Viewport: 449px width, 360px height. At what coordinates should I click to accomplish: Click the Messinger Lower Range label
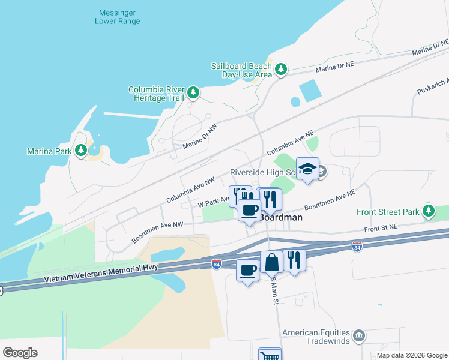click(118, 17)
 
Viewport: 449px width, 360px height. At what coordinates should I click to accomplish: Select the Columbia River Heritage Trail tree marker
click(193, 92)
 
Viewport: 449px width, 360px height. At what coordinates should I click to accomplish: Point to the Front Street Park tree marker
click(428, 211)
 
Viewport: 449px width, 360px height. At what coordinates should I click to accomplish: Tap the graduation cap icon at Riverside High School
click(307, 169)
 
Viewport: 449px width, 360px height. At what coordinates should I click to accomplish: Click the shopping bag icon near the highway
click(271, 262)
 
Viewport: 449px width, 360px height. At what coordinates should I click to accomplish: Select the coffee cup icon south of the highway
click(247, 271)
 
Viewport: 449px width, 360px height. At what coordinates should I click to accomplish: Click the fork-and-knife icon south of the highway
click(294, 260)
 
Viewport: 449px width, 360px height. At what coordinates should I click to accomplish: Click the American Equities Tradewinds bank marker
click(359, 334)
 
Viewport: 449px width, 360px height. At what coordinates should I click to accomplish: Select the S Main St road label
click(276, 292)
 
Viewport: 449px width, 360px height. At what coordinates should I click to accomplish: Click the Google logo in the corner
click(20, 353)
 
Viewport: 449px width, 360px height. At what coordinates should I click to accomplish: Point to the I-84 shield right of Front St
click(357, 247)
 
